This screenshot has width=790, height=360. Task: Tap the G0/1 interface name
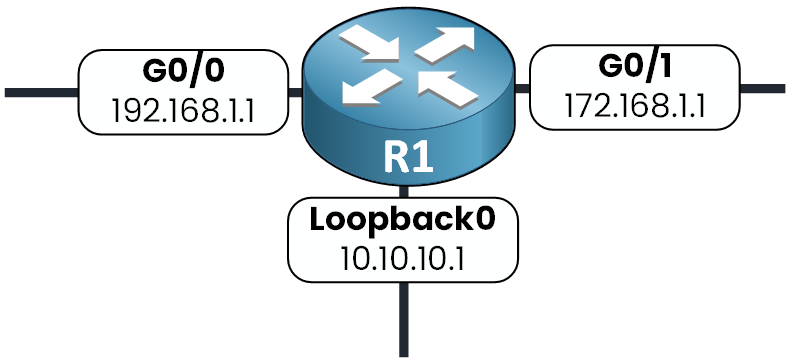634,68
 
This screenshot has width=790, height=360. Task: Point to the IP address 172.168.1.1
634,103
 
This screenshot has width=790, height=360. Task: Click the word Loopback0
403,219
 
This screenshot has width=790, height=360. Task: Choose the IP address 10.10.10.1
403,255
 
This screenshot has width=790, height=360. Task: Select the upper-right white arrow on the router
450,42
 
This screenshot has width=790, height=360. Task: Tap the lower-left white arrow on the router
365,90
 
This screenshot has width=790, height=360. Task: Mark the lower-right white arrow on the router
447,88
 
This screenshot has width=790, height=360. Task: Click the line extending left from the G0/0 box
40,92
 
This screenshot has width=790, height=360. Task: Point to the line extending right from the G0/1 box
762,88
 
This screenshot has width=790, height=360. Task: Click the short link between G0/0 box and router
295,93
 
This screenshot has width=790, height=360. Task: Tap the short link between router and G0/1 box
522,88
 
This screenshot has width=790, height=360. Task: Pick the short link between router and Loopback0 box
404,192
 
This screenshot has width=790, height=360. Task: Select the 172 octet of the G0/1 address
583,103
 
